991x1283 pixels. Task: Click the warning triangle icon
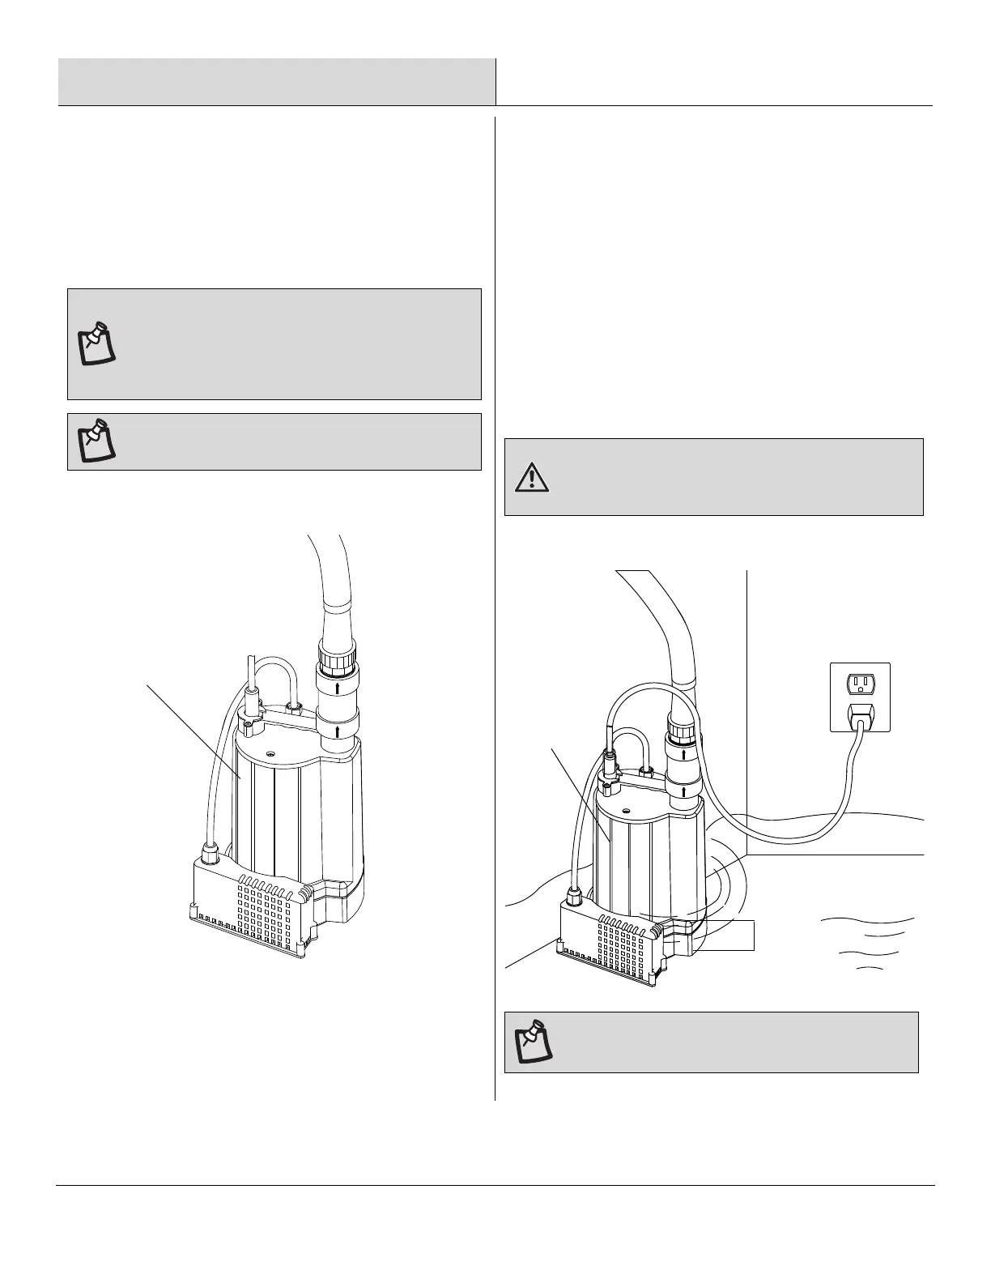[x=532, y=477]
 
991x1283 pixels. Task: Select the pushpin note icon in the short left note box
[x=96, y=441]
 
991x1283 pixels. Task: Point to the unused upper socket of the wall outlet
[x=860, y=685]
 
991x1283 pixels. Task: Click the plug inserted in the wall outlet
[x=860, y=715]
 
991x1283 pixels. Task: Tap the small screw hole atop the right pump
[x=625, y=809]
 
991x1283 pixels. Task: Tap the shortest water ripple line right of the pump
[x=870, y=968]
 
